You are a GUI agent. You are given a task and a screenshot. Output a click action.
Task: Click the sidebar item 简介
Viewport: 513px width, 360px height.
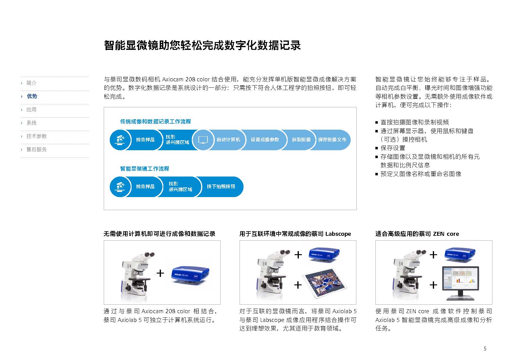(x=31, y=83)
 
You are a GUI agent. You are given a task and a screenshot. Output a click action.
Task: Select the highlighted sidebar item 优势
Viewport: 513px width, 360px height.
(x=32, y=96)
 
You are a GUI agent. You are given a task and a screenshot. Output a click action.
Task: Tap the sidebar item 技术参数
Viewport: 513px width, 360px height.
(x=36, y=136)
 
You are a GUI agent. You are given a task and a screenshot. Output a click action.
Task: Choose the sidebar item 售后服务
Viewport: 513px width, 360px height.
(x=36, y=149)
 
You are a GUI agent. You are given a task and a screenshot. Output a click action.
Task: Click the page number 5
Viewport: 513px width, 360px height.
(x=485, y=349)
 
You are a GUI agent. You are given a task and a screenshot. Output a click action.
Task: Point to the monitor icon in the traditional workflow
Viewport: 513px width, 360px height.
(x=203, y=140)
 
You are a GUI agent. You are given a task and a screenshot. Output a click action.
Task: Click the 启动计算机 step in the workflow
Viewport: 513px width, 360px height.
(x=228, y=140)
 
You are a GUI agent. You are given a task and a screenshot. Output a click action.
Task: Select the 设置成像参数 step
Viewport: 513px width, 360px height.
(x=265, y=140)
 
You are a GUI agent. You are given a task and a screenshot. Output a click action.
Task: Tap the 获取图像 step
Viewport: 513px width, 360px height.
(x=301, y=140)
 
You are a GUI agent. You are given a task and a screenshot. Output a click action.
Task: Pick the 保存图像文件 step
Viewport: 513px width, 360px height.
(x=332, y=140)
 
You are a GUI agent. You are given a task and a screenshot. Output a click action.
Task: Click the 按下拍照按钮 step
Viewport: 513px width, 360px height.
(x=221, y=186)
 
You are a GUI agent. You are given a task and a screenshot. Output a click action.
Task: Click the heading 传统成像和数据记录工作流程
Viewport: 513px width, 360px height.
(x=155, y=122)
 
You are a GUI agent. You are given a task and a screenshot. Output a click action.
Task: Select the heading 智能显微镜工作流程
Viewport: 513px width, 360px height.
(x=145, y=169)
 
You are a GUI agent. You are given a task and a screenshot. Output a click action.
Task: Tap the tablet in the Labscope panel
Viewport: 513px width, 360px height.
(x=325, y=283)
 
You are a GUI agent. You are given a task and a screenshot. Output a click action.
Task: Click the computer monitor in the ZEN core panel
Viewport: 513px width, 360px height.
(x=460, y=283)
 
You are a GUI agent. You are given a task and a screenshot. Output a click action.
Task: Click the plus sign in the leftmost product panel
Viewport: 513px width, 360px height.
(x=160, y=273)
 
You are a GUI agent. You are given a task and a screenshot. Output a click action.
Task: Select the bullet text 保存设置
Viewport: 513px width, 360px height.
(x=393, y=148)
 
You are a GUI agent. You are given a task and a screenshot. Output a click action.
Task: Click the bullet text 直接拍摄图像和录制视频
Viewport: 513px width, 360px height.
(x=414, y=122)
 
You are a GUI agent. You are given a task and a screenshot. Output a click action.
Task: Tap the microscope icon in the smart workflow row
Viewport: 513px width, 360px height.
(x=120, y=186)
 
